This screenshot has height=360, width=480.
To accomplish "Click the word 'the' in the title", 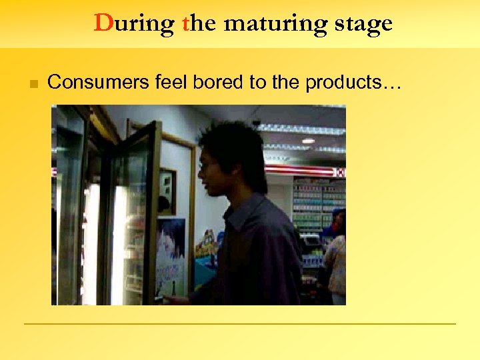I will click(x=199, y=23).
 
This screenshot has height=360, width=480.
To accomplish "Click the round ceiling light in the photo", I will click(x=308, y=141).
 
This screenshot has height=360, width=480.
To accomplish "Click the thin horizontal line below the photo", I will click(x=240, y=324).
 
